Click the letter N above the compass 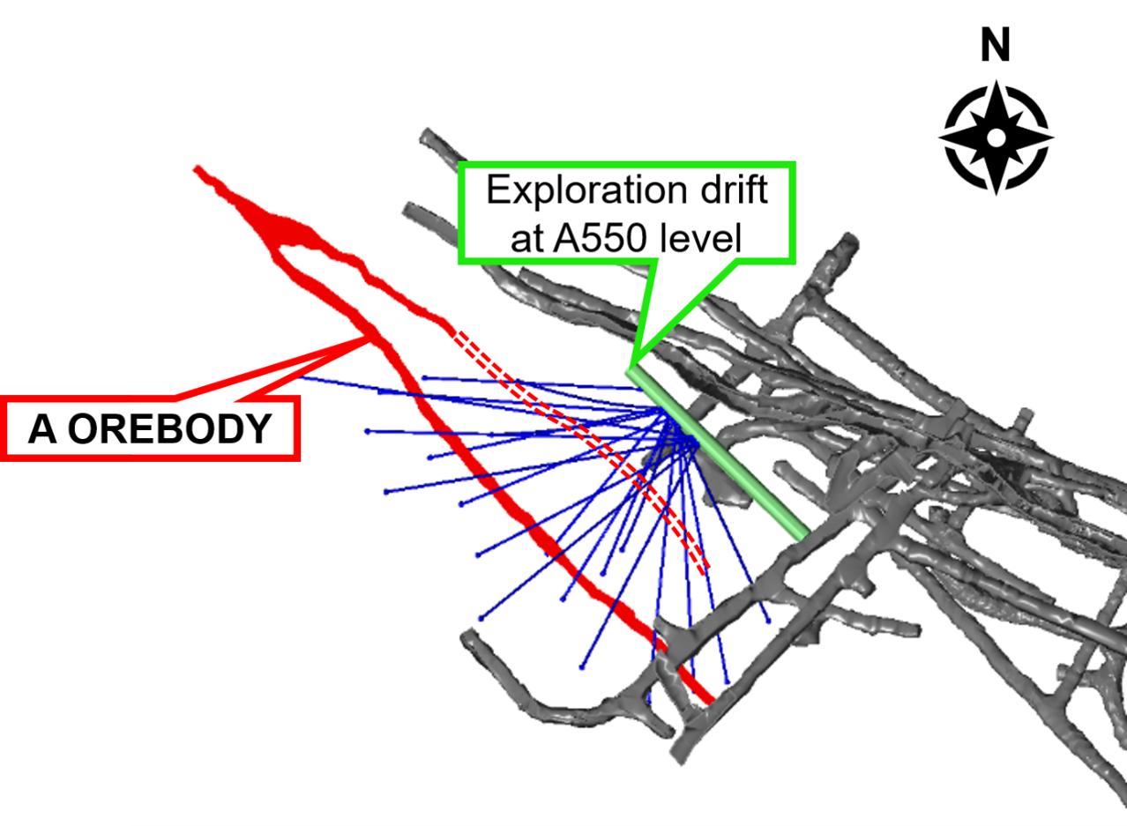point(996,45)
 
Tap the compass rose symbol point(996,138)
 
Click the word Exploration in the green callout point(586,191)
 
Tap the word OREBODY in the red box point(169,429)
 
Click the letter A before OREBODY point(41,429)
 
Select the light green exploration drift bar point(718,456)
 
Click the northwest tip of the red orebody point(197,168)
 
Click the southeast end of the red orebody point(711,700)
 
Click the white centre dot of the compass point(996,138)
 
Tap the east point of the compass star point(1053,137)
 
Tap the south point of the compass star point(996,194)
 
